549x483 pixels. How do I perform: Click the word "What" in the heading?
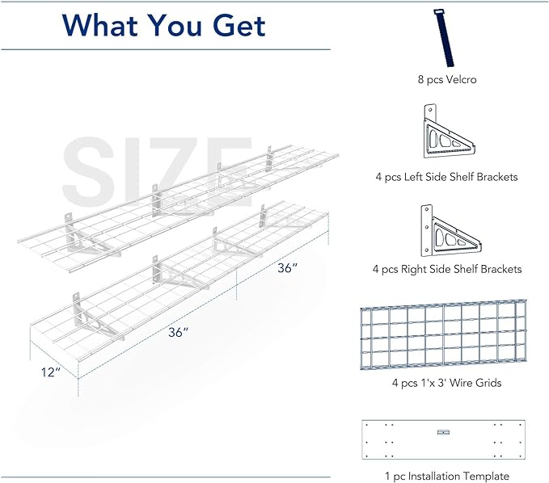(100, 25)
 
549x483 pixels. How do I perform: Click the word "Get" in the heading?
(239, 25)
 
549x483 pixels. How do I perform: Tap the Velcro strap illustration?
(444, 38)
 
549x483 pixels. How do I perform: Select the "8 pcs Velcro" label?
(447, 79)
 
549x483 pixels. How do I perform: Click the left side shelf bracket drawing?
(449, 132)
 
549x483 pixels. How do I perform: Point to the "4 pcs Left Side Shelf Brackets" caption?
(446, 177)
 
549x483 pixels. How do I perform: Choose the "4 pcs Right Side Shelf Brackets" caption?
(447, 269)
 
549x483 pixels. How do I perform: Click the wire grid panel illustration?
(444, 334)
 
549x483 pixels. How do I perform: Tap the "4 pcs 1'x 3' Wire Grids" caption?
(446, 383)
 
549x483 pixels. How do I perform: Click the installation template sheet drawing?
(444, 439)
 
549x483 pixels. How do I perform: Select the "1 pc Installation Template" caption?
(447, 476)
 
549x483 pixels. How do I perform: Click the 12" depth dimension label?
(51, 372)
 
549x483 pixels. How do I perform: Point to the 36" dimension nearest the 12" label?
(178, 332)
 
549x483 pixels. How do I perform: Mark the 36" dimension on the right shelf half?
(288, 268)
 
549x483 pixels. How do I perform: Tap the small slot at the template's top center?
(443, 432)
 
